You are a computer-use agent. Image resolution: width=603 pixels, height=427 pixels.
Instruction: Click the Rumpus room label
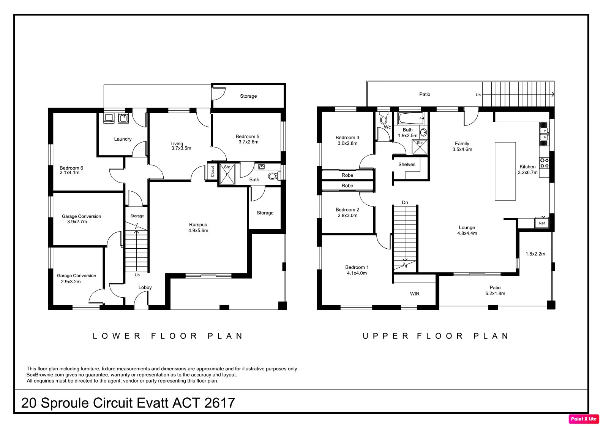coord(198,225)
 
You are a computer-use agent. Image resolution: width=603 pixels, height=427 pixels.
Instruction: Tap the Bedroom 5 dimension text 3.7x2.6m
coord(248,142)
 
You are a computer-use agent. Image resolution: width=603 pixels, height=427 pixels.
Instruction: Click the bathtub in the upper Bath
coord(411,118)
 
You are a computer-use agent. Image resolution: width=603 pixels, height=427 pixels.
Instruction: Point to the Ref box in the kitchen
coord(541,223)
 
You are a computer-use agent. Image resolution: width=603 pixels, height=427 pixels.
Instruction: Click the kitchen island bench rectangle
coord(505,171)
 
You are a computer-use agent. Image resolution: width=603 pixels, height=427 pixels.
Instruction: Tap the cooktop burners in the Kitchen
coord(544,163)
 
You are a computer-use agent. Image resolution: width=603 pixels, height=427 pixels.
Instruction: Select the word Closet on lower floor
coord(212,171)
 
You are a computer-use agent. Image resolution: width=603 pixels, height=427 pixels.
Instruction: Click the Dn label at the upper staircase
coord(405,202)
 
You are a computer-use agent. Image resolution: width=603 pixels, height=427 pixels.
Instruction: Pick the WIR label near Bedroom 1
coord(415,294)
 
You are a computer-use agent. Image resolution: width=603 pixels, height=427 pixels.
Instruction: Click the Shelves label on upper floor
coord(407,164)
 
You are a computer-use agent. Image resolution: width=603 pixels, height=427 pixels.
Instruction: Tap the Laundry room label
coord(123,139)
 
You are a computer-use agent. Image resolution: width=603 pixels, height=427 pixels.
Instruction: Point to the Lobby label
coord(145,287)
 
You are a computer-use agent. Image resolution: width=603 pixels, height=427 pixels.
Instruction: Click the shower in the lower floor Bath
coord(227,174)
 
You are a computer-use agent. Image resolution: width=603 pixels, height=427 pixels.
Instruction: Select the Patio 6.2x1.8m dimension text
coord(495,294)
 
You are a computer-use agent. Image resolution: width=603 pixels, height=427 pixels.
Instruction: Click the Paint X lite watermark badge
coord(584,419)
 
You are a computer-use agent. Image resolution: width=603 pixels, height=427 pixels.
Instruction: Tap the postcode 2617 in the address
coord(219,403)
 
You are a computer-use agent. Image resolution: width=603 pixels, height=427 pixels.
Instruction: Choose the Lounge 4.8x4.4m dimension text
coord(467,233)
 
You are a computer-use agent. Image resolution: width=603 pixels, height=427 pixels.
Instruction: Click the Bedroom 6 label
coord(71,168)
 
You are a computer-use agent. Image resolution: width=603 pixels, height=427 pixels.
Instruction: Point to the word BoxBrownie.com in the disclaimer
coord(45,375)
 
